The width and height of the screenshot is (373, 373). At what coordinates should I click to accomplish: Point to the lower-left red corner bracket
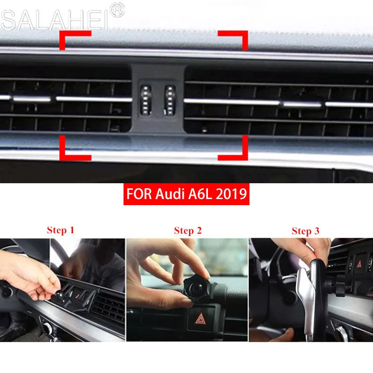tap(70, 152)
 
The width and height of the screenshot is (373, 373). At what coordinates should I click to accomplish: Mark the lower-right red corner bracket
tap(236, 152)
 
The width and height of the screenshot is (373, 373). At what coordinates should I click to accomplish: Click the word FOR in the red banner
tap(139, 193)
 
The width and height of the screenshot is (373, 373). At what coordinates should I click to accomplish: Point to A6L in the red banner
tap(202, 193)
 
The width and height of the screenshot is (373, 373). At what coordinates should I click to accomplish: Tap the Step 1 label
tap(61, 230)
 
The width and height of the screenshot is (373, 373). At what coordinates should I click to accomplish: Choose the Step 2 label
tap(187, 231)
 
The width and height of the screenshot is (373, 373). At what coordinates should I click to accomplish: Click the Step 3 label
tap(305, 231)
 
